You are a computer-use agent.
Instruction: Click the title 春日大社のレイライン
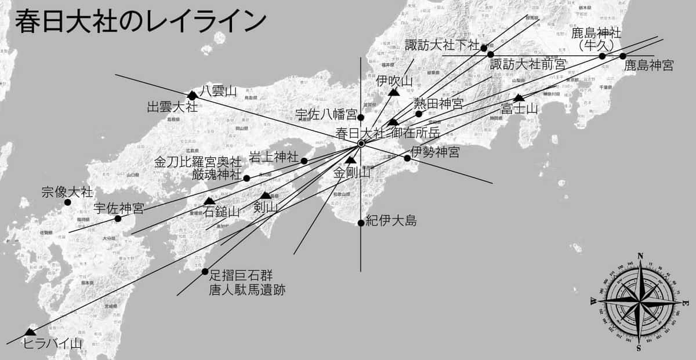pyautogui.click(x=140, y=21)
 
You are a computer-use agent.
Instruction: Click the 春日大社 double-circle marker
pyautogui.click(x=361, y=143)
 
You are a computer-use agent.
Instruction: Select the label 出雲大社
pyautogui.click(x=172, y=107)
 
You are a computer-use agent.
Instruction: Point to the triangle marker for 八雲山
pyautogui.click(x=192, y=95)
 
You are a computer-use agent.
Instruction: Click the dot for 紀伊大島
pyautogui.click(x=361, y=223)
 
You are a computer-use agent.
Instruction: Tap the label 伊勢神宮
pyautogui.click(x=435, y=152)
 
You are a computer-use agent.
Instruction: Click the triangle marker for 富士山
pyautogui.click(x=519, y=98)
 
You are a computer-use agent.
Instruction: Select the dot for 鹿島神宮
pyautogui.click(x=622, y=56)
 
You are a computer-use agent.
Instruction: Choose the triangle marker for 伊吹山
pyautogui.click(x=394, y=92)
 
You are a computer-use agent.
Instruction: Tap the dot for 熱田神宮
pyautogui.click(x=419, y=114)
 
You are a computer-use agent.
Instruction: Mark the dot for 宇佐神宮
pyautogui.click(x=118, y=219)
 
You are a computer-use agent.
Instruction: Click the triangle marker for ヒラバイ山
pyautogui.click(x=30, y=332)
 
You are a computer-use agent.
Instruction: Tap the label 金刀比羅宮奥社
pyautogui.click(x=197, y=162)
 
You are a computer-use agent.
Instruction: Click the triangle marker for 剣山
pyautogui.click(x=266, y=195)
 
